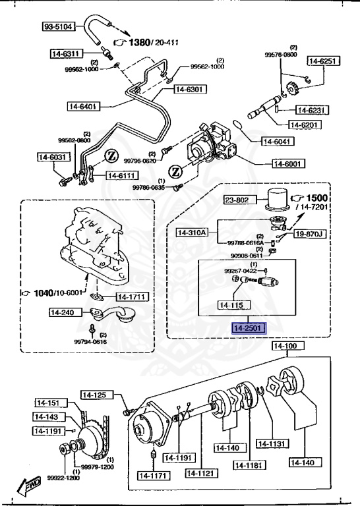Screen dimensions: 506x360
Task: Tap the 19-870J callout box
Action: click(310, 233)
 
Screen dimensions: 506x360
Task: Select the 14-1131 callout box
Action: click(272, 443)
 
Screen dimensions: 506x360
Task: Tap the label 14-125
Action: click(94, 395)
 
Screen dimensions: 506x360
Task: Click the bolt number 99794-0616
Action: click(90, 342)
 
